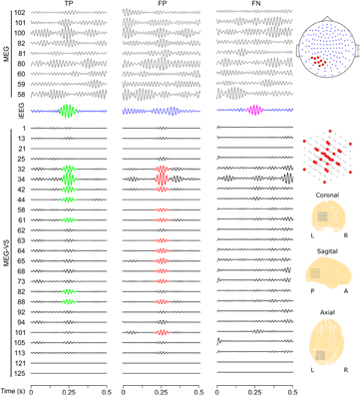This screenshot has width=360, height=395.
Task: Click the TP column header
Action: pos(68,5)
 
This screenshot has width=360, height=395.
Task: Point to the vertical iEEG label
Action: pos(7,111)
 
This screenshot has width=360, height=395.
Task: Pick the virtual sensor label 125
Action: pos(20,371)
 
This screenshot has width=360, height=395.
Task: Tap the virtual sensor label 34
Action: pos(22,181)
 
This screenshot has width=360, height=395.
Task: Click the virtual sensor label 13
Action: pos(22,139)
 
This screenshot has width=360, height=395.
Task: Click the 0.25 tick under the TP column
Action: pos(68,385)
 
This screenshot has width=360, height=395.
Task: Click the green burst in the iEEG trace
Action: pos(68,111)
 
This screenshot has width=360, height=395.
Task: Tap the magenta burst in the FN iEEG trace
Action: pos(253,110)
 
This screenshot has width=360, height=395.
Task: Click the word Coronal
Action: pos(328,196)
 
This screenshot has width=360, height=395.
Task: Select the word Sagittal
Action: pos(328,254)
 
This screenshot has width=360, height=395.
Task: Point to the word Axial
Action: pos(328,312)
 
